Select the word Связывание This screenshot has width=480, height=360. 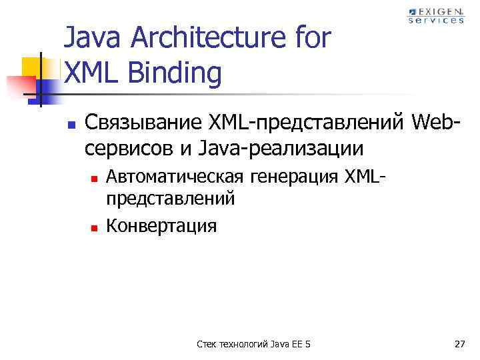pos(136,123)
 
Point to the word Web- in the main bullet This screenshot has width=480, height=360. pos(437,123)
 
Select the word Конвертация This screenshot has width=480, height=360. pos(161,226)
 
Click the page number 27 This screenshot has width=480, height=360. pos(459,344)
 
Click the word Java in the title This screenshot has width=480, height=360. pos(90,39)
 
